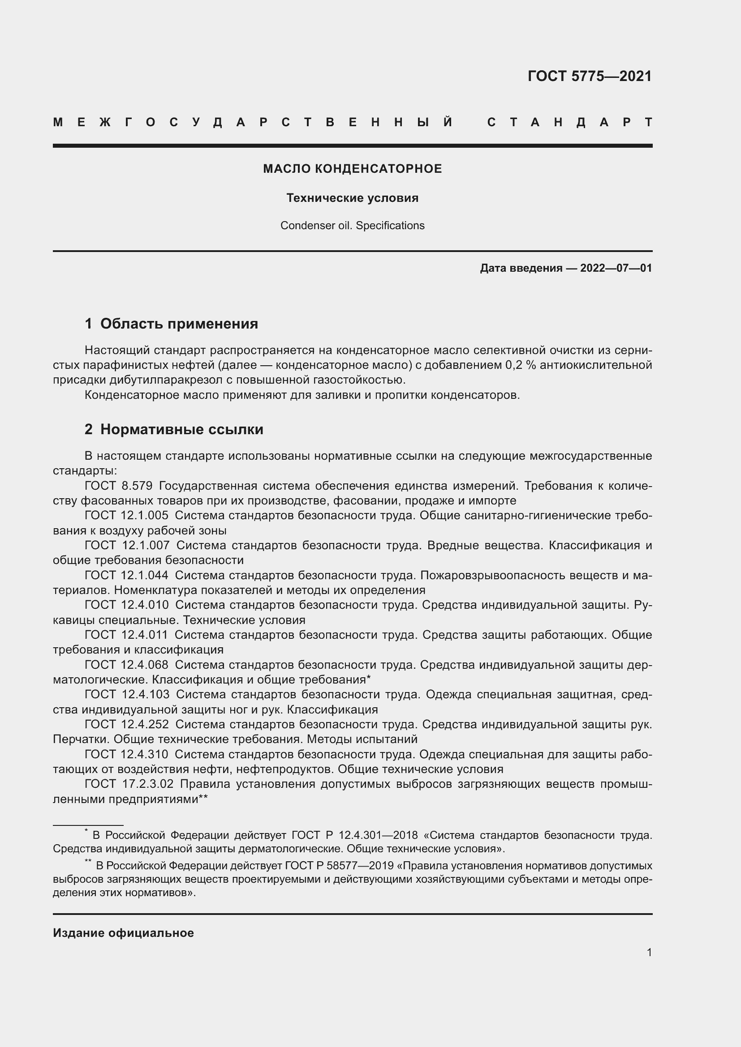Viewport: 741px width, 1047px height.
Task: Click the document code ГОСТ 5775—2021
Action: (590, 76)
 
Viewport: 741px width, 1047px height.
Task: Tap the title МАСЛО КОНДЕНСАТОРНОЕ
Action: (352, 169)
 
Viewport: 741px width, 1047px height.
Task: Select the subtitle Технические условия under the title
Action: (352, 198)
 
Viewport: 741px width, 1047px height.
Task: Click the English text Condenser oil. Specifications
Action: (352, 225)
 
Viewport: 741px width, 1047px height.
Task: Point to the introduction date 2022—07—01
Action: (616, 268)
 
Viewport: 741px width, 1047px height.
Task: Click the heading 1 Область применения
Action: (171, 324)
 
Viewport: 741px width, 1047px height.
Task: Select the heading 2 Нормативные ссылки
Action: (174, 429)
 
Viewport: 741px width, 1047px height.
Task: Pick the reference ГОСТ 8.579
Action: (118, 486)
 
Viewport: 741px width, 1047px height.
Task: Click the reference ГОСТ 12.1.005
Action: (126, 515)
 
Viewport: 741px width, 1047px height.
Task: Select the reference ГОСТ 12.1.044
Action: (126, 575)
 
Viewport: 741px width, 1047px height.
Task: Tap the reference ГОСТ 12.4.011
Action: (126, 635)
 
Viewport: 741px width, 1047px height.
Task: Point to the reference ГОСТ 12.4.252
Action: (126, 724)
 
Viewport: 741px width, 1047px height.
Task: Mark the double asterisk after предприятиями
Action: (203, 799)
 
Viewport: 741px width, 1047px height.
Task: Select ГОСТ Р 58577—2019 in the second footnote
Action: (339, 866)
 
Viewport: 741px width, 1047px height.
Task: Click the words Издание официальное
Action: (123, 933)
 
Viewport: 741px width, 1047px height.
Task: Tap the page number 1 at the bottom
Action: (649, 952)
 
